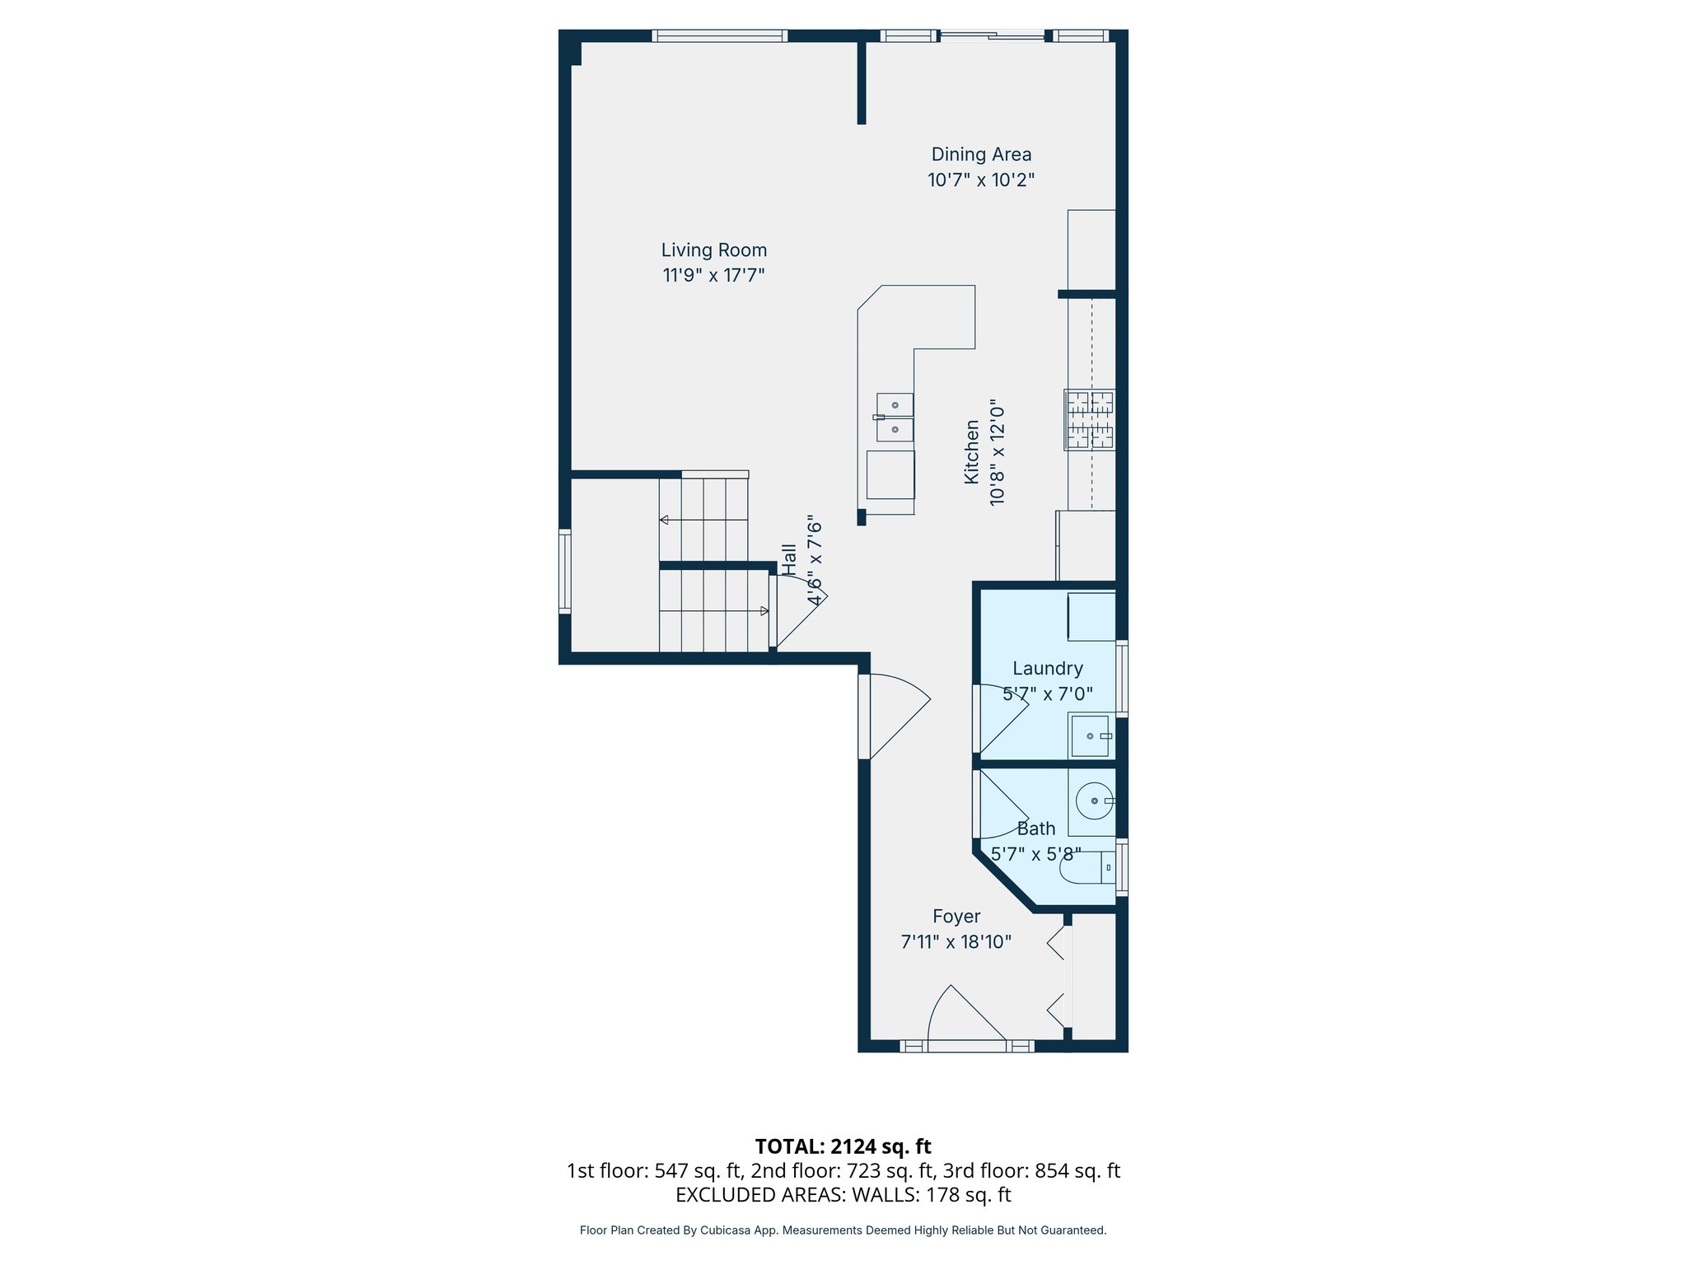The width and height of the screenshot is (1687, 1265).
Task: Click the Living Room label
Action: (713, 250)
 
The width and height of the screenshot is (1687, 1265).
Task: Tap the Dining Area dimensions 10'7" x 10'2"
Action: (980, 180)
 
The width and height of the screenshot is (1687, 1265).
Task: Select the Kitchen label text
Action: (972, 452)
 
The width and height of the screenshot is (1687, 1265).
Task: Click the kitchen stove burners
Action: (1090, 420)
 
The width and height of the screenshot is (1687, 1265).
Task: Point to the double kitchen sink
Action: (895, 418)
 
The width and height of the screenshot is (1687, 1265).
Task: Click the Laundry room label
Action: (1047, 669)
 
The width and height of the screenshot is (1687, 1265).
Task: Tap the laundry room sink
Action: (1090, 735)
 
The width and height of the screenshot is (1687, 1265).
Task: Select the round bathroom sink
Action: (1095, 801)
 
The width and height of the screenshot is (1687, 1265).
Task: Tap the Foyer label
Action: (956, 917)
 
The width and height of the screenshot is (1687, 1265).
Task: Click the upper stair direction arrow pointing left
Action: (664, 520)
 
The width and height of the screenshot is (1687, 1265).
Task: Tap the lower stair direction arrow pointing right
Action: (764, 611)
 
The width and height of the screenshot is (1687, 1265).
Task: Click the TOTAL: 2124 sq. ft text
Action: (843, 1146)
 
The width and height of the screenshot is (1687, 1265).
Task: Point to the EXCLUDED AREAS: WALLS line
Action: (843, 1195)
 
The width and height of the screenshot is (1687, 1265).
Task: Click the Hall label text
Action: (789, 559)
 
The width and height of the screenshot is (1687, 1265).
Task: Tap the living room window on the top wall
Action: (719, 35)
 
